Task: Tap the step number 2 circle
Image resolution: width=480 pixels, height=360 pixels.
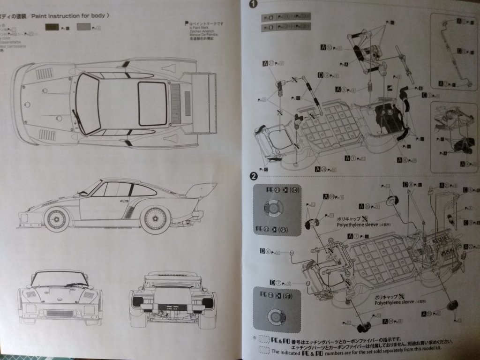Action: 253,176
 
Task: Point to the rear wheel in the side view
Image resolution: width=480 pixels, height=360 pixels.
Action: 155,219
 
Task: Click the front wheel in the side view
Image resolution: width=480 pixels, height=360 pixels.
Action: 57,219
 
